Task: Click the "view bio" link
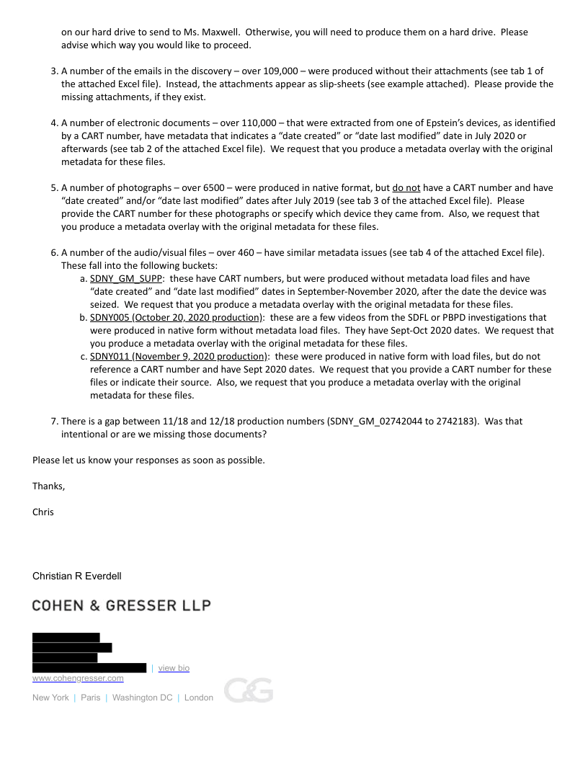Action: pyautogui.click(x=174, y=668)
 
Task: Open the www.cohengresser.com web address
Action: pyautogui.click(x=78, y=678)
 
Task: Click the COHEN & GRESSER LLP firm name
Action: pyautogui.click(x=121, y=605)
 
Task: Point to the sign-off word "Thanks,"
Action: pyautogui.click(x=48, y=486)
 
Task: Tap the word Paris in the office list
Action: pyautogui.click(x=90, y=698)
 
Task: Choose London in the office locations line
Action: pyautogui.click(x=199, y=698)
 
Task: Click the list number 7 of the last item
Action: pyautogui.click(x=54, y=421)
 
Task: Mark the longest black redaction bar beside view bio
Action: pyautogui.click(x=89, y=668)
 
